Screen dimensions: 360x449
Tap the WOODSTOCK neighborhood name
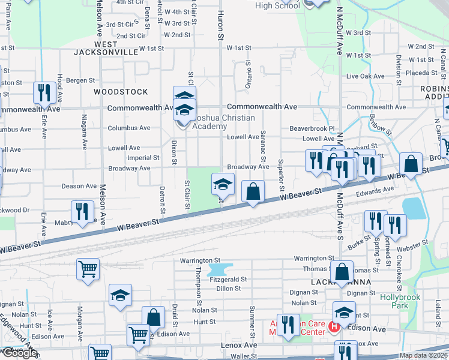[x=121, y=92]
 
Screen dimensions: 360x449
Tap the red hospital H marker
[x=334, y=328]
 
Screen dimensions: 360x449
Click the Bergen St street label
[x=80, y=80]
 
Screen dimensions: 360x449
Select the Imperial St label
[x=143, y=158]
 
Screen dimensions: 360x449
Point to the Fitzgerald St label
[x=228, y=280]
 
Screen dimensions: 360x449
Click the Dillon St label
[x=228, y=288]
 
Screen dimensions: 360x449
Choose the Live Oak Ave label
[x=364, y=76]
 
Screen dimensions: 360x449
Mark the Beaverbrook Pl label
[x=312, y=128]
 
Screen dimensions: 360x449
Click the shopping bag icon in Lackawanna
[x=342, y=271]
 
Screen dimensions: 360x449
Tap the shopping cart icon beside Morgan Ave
[x=88, y=269]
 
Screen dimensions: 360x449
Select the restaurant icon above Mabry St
[x=82, y=211]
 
